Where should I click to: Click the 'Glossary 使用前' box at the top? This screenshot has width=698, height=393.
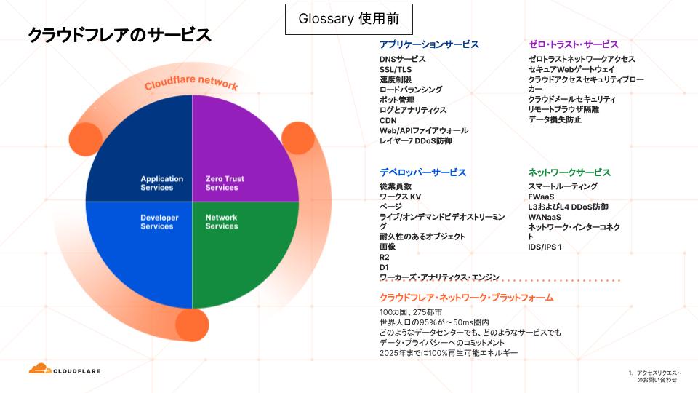(348, 19)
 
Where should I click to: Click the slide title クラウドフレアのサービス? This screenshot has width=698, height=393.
(119, 35)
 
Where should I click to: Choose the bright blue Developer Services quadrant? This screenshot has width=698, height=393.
(145, 247)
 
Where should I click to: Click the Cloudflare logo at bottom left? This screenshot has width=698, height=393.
(65, 370)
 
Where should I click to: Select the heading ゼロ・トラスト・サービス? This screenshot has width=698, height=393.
(573, 44)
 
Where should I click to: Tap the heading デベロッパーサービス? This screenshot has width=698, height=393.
(422, 172)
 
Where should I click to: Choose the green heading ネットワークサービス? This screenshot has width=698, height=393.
(569, 172)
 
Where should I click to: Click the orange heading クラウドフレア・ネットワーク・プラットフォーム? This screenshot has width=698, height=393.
(466, 298)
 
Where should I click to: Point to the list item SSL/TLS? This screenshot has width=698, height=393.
(396, 69)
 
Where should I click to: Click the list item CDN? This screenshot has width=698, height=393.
(388, 120)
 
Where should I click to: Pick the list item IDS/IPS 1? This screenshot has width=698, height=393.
(545, 247)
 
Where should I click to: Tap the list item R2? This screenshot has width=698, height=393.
(385, 257)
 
